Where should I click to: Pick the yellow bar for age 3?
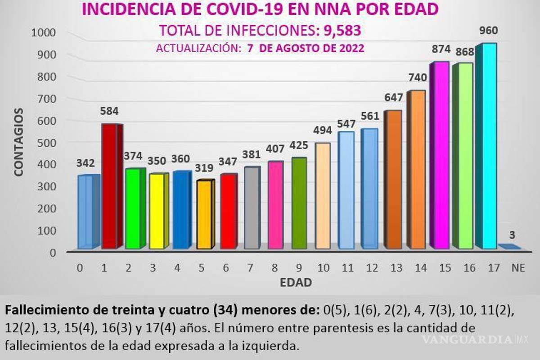point(157,211)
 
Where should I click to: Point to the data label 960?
point(489,31)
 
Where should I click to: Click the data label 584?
point(109,111)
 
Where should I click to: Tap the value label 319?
point(204,168)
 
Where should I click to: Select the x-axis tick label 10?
point(323,268)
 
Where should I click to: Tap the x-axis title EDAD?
point(296,283)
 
